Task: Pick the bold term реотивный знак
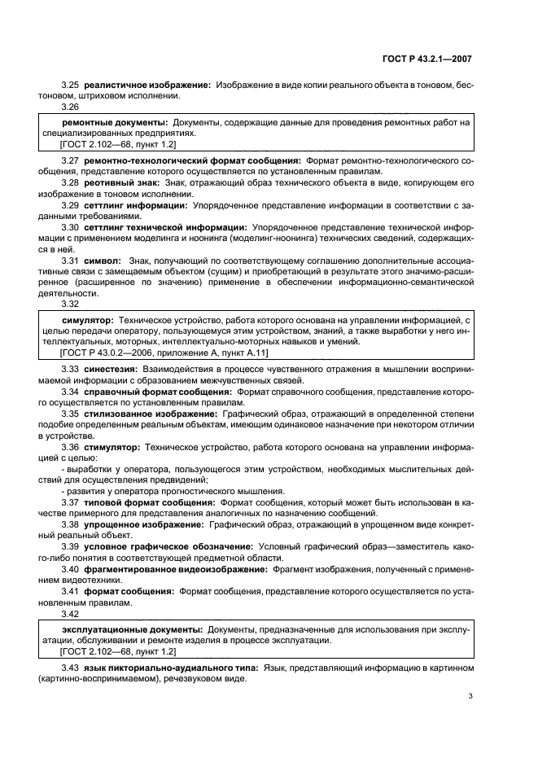(122, 184)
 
